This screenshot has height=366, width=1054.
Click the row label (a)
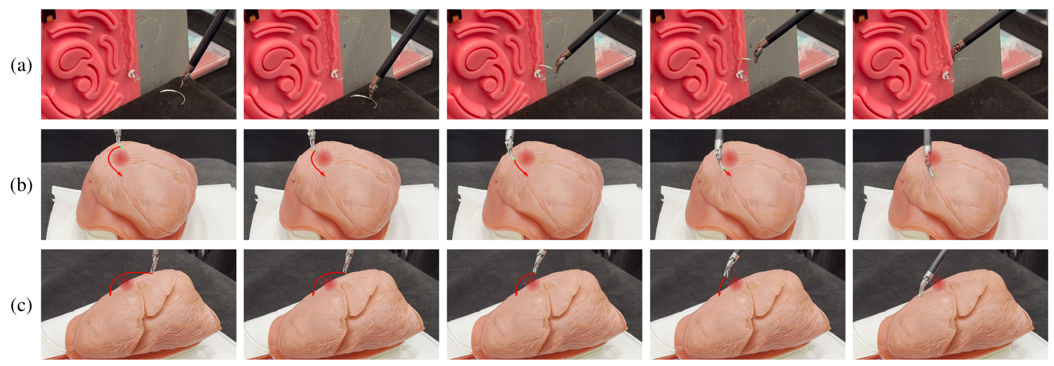click(x=21, y=65)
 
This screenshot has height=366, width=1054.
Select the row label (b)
click(x=21, y=185)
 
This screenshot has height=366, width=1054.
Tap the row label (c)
click(x=21, y=305)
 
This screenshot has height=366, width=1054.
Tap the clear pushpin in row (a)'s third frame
click(x=540, y=76)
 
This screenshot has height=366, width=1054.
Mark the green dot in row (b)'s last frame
click(x=934, y=176)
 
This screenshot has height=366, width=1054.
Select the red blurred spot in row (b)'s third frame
click(x=527, y=157)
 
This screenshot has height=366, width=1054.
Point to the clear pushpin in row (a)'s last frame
click(x=945, y=76)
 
